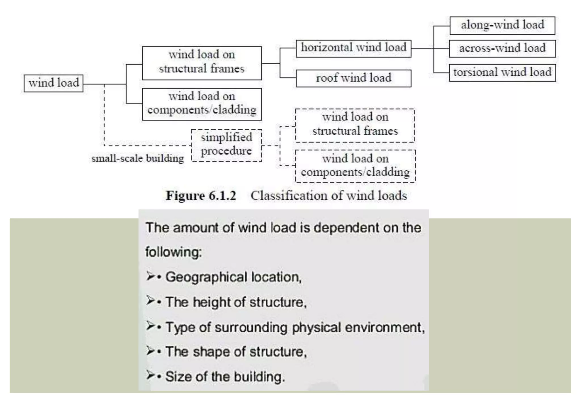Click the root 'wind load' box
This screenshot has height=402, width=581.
53,83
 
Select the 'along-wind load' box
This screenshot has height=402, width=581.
502,25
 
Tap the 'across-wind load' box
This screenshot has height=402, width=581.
502,48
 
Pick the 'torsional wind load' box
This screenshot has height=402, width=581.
502,73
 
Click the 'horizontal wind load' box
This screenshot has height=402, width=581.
353,48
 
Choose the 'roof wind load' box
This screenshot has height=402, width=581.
353,78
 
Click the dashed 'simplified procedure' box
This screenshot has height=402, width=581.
226,145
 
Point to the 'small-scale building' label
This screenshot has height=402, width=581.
138,158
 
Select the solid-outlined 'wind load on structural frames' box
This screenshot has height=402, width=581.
202,63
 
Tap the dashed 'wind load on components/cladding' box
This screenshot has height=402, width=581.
355,166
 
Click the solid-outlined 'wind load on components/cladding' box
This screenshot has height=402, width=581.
202,104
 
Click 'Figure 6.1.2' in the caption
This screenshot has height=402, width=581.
201,196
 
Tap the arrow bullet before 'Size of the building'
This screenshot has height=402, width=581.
150,375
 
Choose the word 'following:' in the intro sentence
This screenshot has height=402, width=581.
173,252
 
